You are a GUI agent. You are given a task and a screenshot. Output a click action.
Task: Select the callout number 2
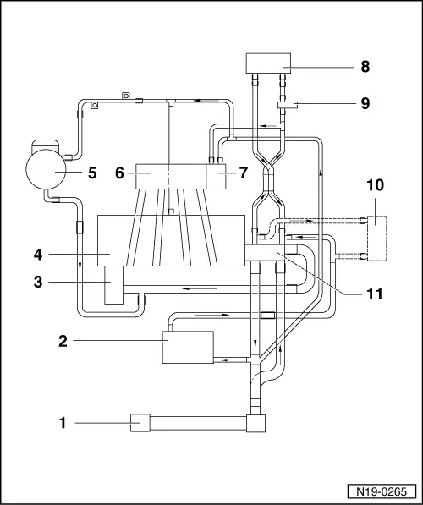63,341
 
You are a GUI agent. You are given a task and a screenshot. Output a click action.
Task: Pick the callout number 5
93,173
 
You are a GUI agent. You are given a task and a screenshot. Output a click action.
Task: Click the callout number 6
120,173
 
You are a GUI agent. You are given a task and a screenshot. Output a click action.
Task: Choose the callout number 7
243,173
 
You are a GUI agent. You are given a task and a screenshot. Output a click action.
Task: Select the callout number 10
374,184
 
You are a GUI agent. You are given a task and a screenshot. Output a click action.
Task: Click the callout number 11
374,294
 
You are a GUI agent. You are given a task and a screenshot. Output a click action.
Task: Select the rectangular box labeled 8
268,63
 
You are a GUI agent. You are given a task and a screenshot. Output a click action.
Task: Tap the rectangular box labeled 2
189,348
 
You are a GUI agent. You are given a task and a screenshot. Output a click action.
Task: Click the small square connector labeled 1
140,420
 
